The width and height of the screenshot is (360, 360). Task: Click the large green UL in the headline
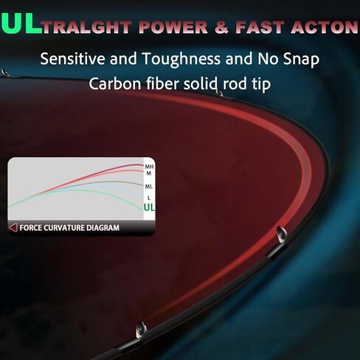[x=21, y=23]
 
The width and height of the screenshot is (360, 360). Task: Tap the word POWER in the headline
[x=173, y=27]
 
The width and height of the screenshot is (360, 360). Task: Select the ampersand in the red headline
[x=221, y=27]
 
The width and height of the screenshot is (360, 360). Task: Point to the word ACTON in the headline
[x=325, y=27]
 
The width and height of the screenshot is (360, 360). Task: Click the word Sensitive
[x=72, y=59]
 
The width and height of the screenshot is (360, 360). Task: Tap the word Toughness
[x=181, y=60]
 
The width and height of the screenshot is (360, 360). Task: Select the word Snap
[x=301, y=60]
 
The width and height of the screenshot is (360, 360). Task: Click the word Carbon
[x=115, y=84]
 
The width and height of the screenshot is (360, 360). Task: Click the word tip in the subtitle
[x=261, y=84]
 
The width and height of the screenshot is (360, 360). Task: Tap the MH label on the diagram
[x=149, y=167]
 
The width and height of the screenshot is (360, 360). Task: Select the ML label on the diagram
[x=148, y=187]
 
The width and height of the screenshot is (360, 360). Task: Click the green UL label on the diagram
[x=149, y=208]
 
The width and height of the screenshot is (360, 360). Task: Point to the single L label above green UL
[x=148, y=198]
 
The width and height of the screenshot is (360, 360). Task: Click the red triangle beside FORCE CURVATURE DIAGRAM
[x=13, y=228]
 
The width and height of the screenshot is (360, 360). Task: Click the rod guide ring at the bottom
[x=141, y=330]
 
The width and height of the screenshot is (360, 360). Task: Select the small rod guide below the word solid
[x=219, y=93]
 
